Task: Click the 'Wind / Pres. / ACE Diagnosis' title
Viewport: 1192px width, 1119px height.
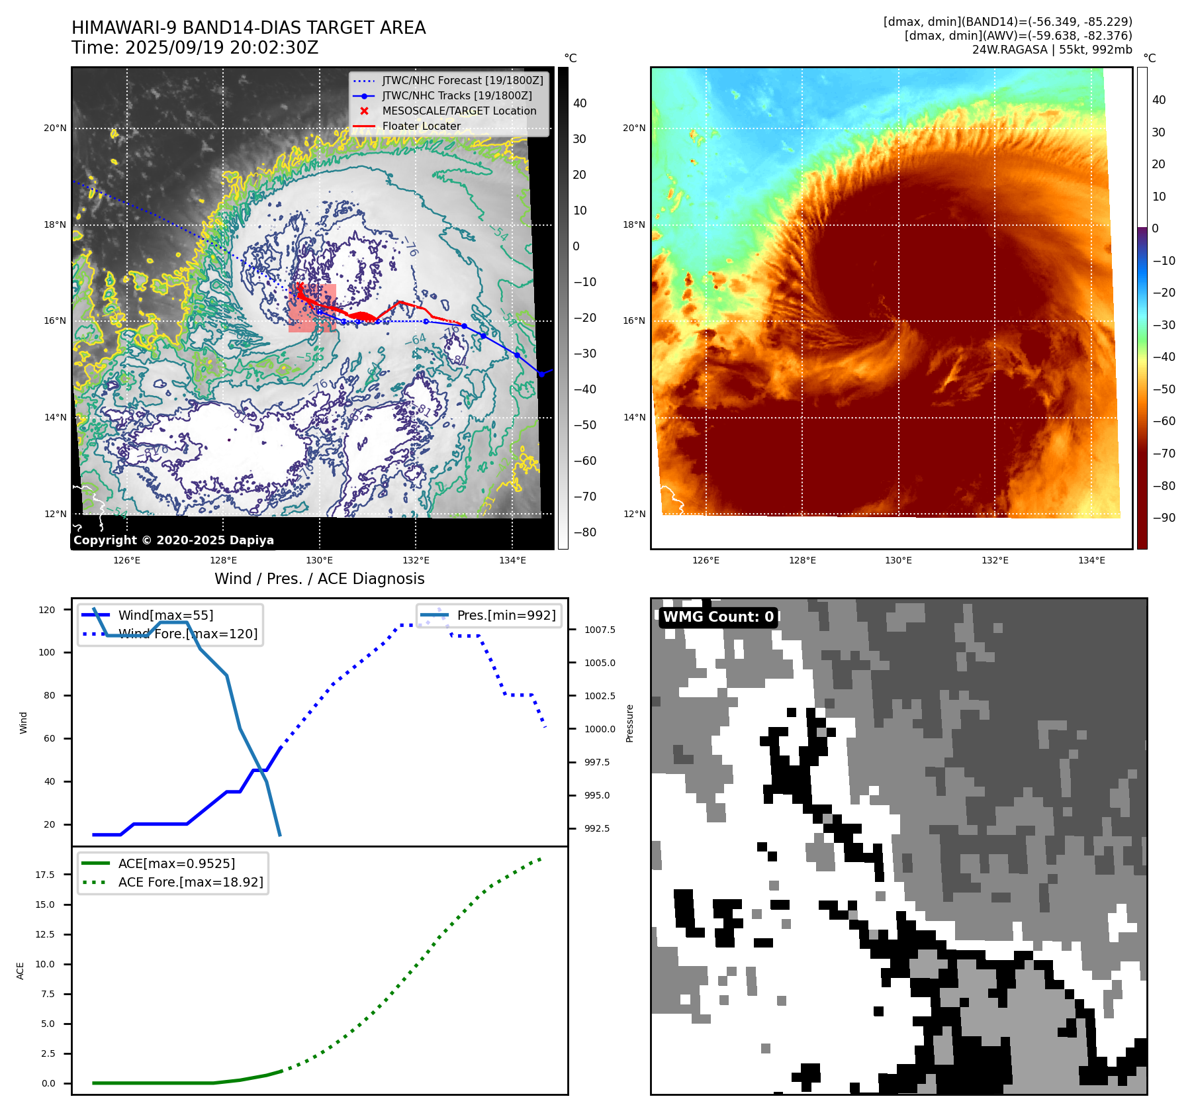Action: click(319, 579)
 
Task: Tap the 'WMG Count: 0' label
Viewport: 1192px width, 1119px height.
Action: click(718, 617)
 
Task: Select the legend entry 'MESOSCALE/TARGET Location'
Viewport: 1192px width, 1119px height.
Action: click(459, 111)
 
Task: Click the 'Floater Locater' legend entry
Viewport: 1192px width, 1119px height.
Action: click(421, 126)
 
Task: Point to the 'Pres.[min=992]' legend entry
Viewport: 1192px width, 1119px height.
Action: click(506, 615)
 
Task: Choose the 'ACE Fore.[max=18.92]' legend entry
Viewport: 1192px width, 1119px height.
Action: click(191, 882)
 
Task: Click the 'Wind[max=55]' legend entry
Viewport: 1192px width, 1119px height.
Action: click(165, 615)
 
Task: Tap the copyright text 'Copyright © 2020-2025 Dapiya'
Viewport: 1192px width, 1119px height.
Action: click(173, 540)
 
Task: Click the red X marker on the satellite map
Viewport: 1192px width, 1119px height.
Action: click(300, 286)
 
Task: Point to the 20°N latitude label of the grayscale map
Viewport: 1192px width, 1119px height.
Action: click(56, 128)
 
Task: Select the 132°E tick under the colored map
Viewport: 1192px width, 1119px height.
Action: click(995, 560)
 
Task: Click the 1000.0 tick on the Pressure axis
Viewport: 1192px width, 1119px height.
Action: click(600, 729)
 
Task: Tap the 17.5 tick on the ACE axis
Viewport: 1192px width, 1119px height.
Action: click(46, 875)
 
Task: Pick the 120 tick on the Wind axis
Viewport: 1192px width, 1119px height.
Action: click(47, 610)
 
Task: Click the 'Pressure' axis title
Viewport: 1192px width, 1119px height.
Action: click(629, 723)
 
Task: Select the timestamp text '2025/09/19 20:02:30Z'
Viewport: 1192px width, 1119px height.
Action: click(222, 48)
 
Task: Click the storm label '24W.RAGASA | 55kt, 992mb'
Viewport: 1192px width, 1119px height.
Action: click(1052, 50)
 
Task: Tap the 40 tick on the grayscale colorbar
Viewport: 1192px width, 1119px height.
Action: click(580, 103)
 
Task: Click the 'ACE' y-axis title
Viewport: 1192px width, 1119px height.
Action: click(21, 971)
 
